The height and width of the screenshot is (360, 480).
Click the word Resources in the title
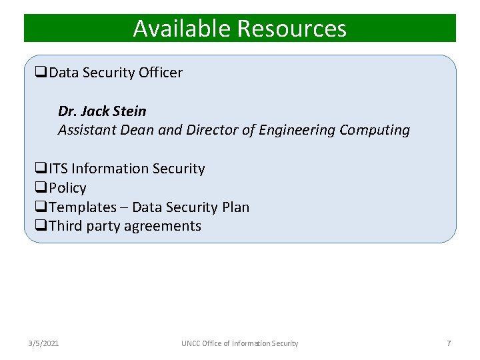[x=291, y=29]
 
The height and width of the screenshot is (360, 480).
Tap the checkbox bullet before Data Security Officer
[x=41, y=73]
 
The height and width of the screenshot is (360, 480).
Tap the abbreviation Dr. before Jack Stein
[x=67, y=111]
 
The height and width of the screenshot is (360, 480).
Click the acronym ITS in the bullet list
[x=59, y=169]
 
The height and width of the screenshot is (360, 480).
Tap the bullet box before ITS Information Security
[x=41, y=169]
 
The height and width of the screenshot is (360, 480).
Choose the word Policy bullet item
[x=67, y=188]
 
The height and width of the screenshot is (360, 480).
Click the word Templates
[x=82, y=207]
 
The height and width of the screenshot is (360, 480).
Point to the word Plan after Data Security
[x=235, y=207]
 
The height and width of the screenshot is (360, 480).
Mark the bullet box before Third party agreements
[x=41, y=226]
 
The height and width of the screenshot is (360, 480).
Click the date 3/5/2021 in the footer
[x=43, y=343]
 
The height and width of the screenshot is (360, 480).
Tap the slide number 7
[x=449, y=343]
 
